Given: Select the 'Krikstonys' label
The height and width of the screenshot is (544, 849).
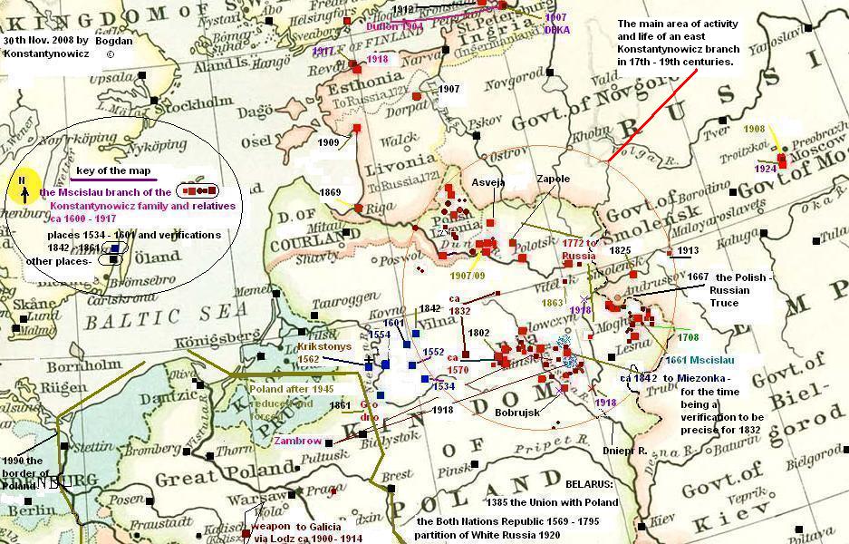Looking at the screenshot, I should [323, 346].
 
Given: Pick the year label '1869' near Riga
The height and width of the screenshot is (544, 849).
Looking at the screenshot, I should [330, 192].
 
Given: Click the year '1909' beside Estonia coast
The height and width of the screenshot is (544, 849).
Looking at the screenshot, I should [329, 142].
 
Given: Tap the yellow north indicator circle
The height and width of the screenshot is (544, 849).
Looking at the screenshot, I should [26, 182].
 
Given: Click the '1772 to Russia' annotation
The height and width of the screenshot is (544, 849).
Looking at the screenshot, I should [579, 249].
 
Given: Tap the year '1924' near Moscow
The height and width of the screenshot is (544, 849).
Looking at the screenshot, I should [767, 169].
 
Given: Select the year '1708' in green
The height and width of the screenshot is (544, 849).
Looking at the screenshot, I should [688, 337].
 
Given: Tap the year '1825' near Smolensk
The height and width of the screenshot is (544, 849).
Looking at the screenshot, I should [620, 249].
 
